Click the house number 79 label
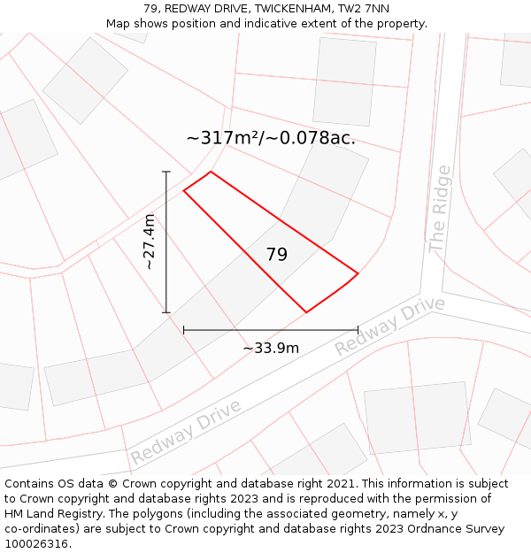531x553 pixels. tap(277, 255)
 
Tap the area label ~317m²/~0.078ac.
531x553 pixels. tap(271, 138)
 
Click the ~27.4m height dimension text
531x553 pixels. tap(150, 242)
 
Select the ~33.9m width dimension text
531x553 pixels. tap(271, 348)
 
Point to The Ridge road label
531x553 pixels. tap(440, 210)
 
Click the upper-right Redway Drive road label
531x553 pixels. tap(389, 326)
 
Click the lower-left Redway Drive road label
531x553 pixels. tap(186, 432)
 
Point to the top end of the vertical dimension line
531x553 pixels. tap(166, 172)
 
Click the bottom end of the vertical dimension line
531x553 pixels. tap(166, 312)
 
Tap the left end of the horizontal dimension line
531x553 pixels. tap(183, 330)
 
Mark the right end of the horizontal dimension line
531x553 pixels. tap(358, 330)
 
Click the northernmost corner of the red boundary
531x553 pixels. tap(211, 172)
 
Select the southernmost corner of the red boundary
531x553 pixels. tap(306, 312)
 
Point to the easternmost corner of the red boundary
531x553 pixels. tap(358, 273)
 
